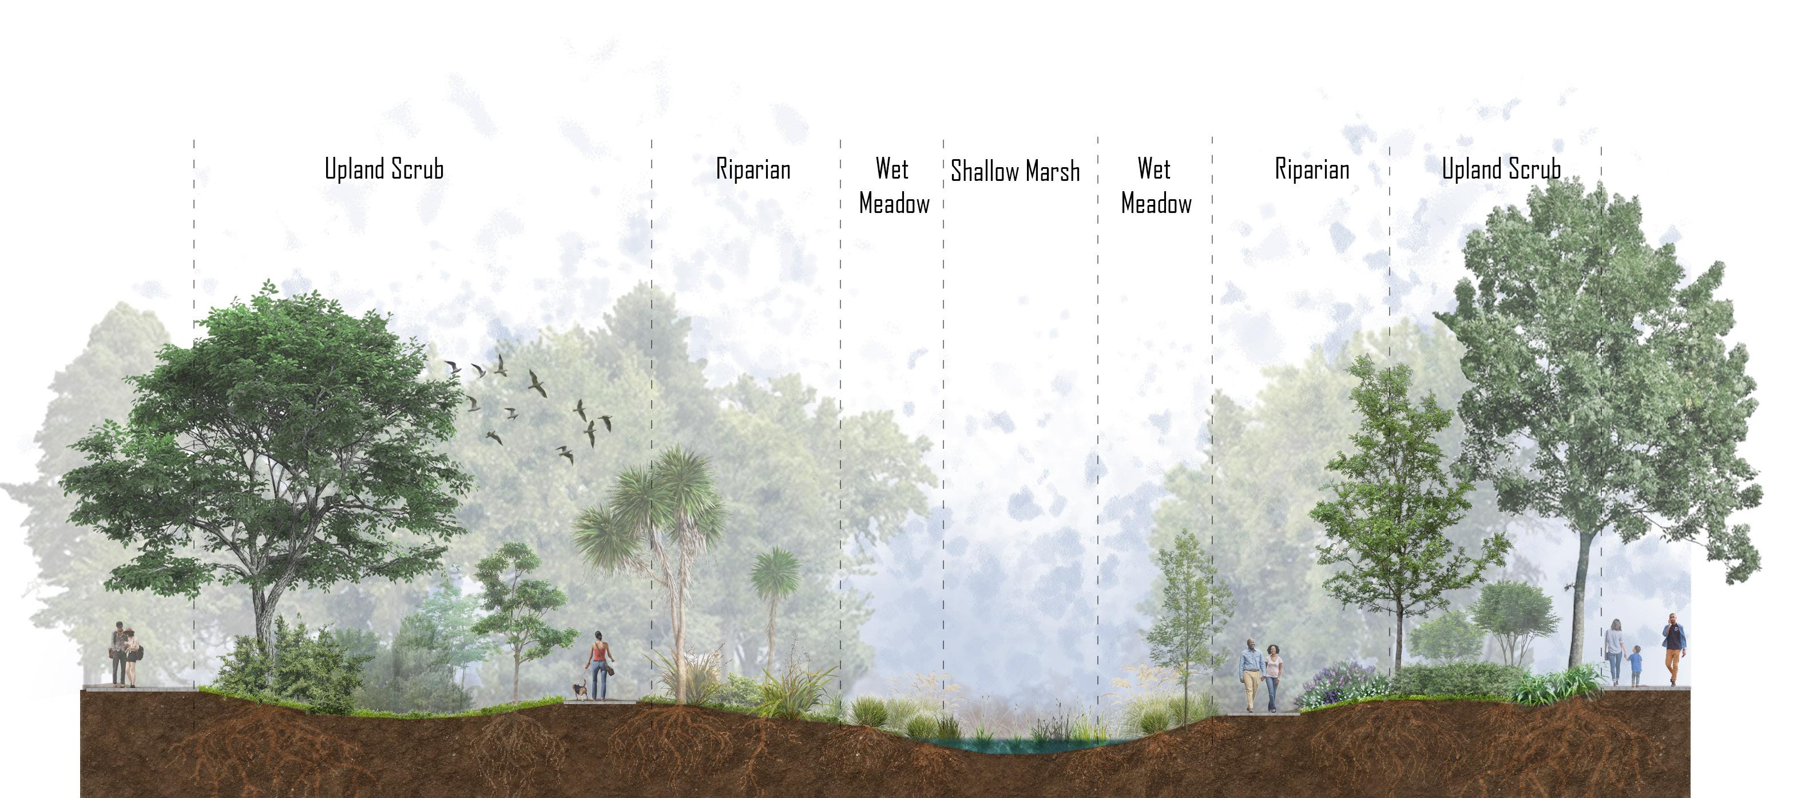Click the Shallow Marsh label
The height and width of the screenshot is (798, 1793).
tap(1015, 171)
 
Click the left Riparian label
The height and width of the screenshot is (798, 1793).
tap(753, 170)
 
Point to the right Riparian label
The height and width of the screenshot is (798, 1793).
tap(1311, 170)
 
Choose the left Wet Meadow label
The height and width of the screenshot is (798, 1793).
tap(894, 187)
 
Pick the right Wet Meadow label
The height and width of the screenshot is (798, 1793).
tap(1156, 187)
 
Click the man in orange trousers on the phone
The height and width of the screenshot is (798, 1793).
tap(1674, 649)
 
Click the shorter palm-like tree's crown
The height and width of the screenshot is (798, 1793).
tap(774, 573)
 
